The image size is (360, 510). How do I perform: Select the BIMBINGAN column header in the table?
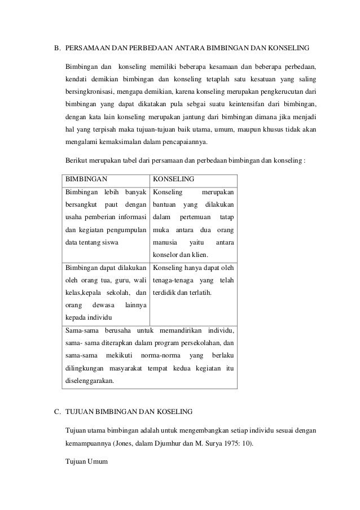coord(87,179)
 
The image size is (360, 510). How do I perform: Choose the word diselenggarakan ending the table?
coord(90,380)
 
